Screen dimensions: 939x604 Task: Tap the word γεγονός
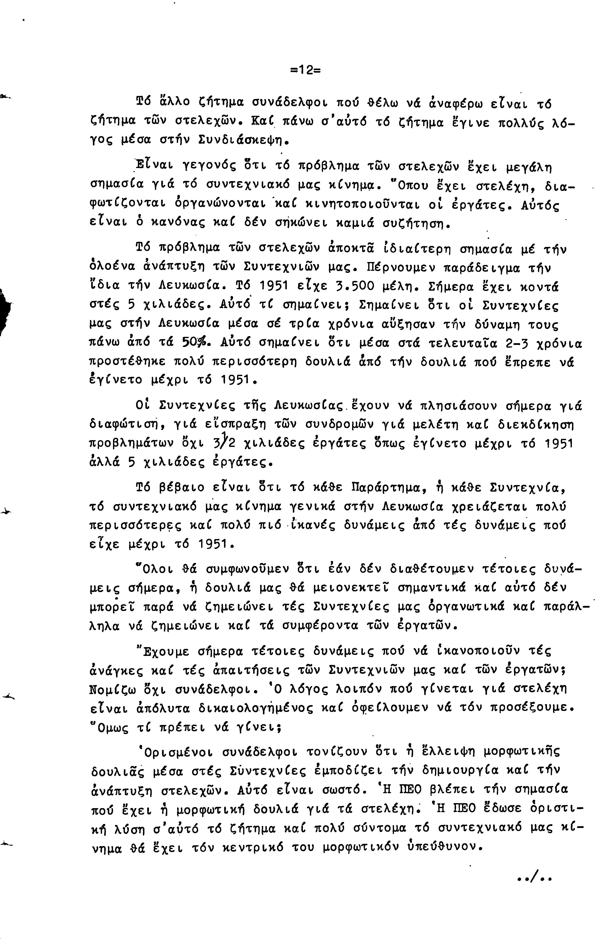[207, 168]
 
